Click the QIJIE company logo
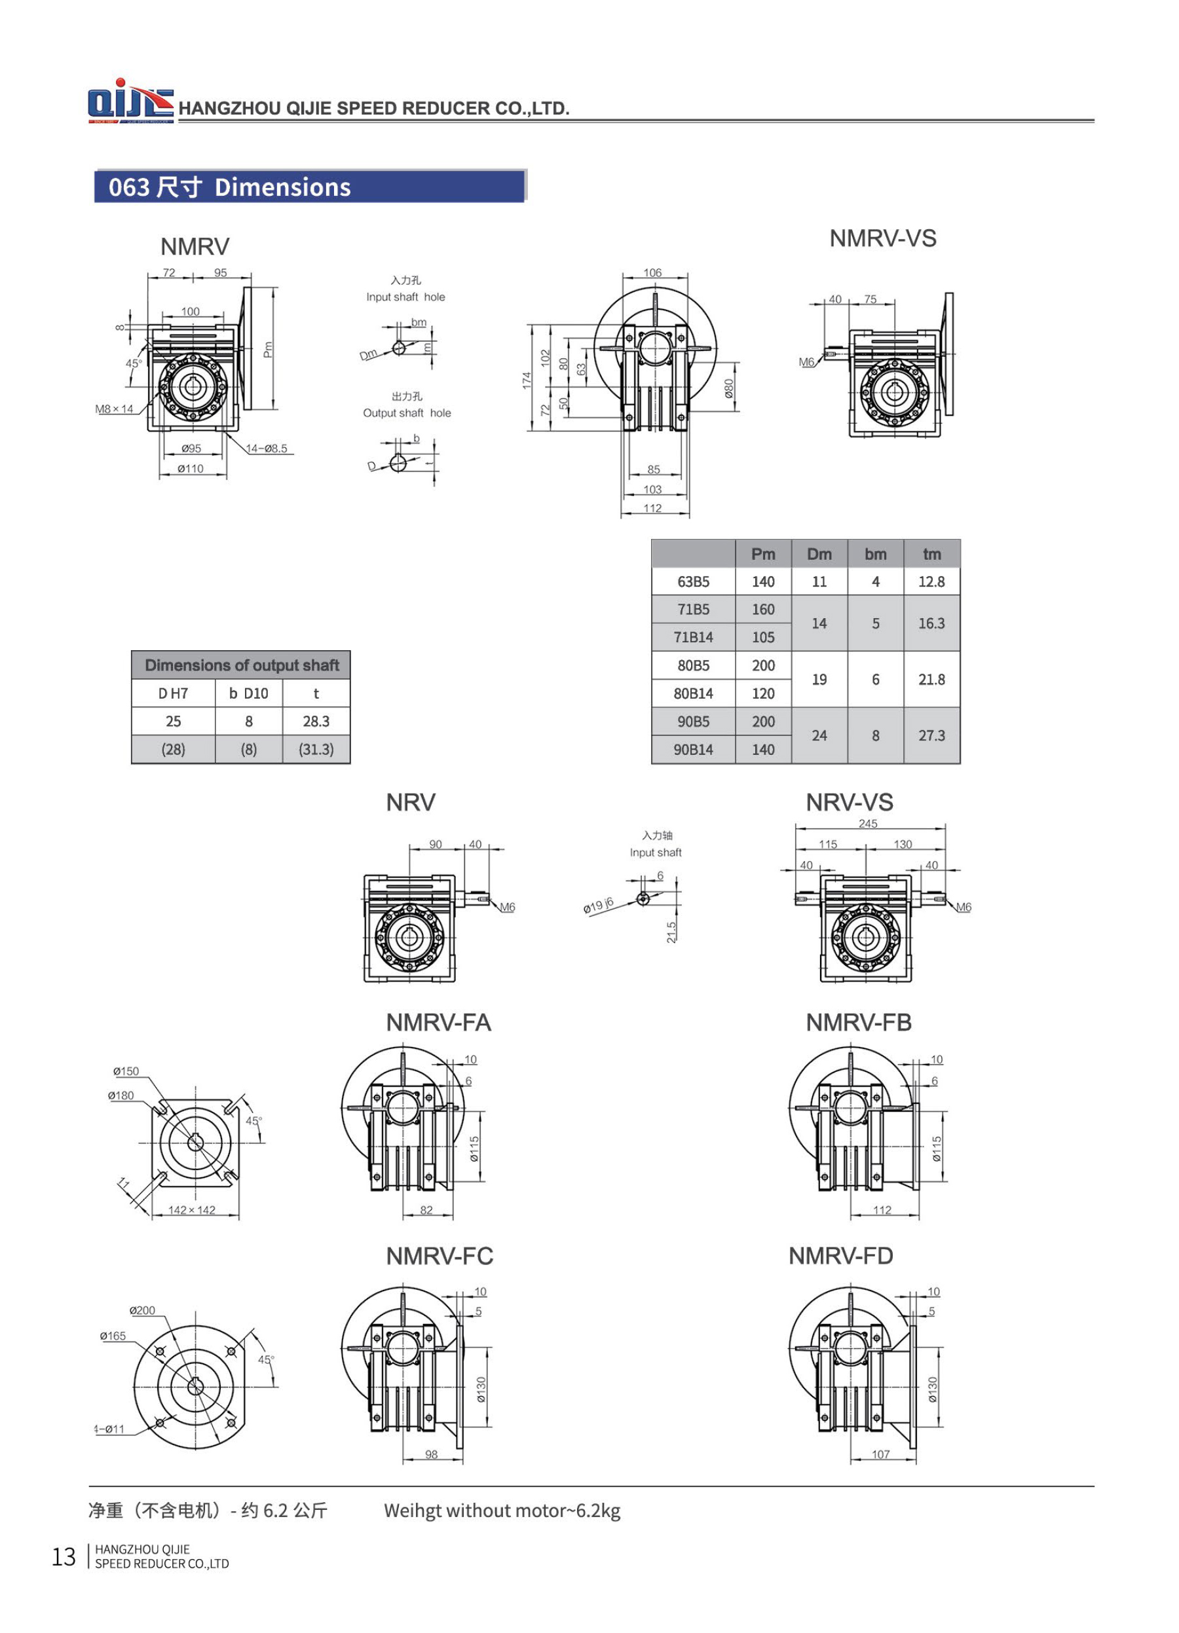point(130,101)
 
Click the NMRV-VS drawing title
point(882,238)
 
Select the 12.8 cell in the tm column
point(931,581)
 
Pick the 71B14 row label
point(693,636)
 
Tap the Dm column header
point(819,554)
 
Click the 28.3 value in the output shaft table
point(316,721)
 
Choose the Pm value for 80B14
point(762,693)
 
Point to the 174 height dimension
point(527,380)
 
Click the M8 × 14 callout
point(115,409)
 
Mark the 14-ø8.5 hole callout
point(267,449)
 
